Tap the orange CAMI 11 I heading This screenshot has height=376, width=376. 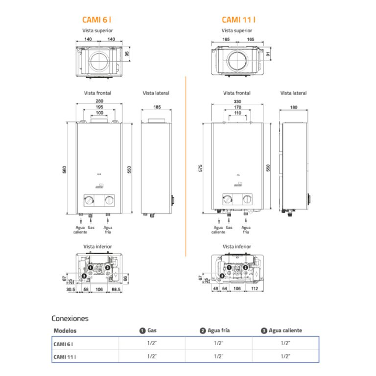[238, 20]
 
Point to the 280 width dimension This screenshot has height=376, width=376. [99, 101]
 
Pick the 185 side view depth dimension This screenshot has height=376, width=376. [156, 106]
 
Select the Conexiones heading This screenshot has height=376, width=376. [70, 318]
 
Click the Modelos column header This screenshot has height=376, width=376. [65, 330]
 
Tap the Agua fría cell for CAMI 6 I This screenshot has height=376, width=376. [218, 344]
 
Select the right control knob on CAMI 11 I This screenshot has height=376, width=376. [248, 199]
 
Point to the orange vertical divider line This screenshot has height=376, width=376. [186, 166]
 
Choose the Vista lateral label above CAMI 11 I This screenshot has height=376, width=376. [293, 93]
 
